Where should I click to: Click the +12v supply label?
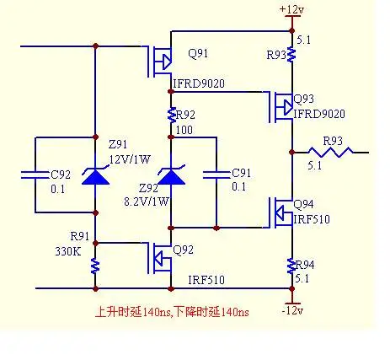291,9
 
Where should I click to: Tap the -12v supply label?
292,311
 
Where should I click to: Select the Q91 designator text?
198,53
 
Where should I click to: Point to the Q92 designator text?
183,250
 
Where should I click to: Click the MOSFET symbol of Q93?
280,107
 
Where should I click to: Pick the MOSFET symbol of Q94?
280,212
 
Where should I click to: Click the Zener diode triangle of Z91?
95,176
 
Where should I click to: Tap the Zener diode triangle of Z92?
171,176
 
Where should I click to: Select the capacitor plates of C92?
35,175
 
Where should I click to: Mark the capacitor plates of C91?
216,175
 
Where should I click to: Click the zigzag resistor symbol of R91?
95,266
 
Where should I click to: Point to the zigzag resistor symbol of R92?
171,115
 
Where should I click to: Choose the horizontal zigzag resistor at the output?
331,152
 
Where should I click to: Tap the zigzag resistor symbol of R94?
291,266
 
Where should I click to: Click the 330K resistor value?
68,251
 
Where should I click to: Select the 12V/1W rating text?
130,159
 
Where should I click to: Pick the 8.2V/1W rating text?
147,201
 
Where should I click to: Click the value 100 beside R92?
184,130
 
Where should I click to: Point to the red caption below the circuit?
172,312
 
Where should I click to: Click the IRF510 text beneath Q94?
312,219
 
